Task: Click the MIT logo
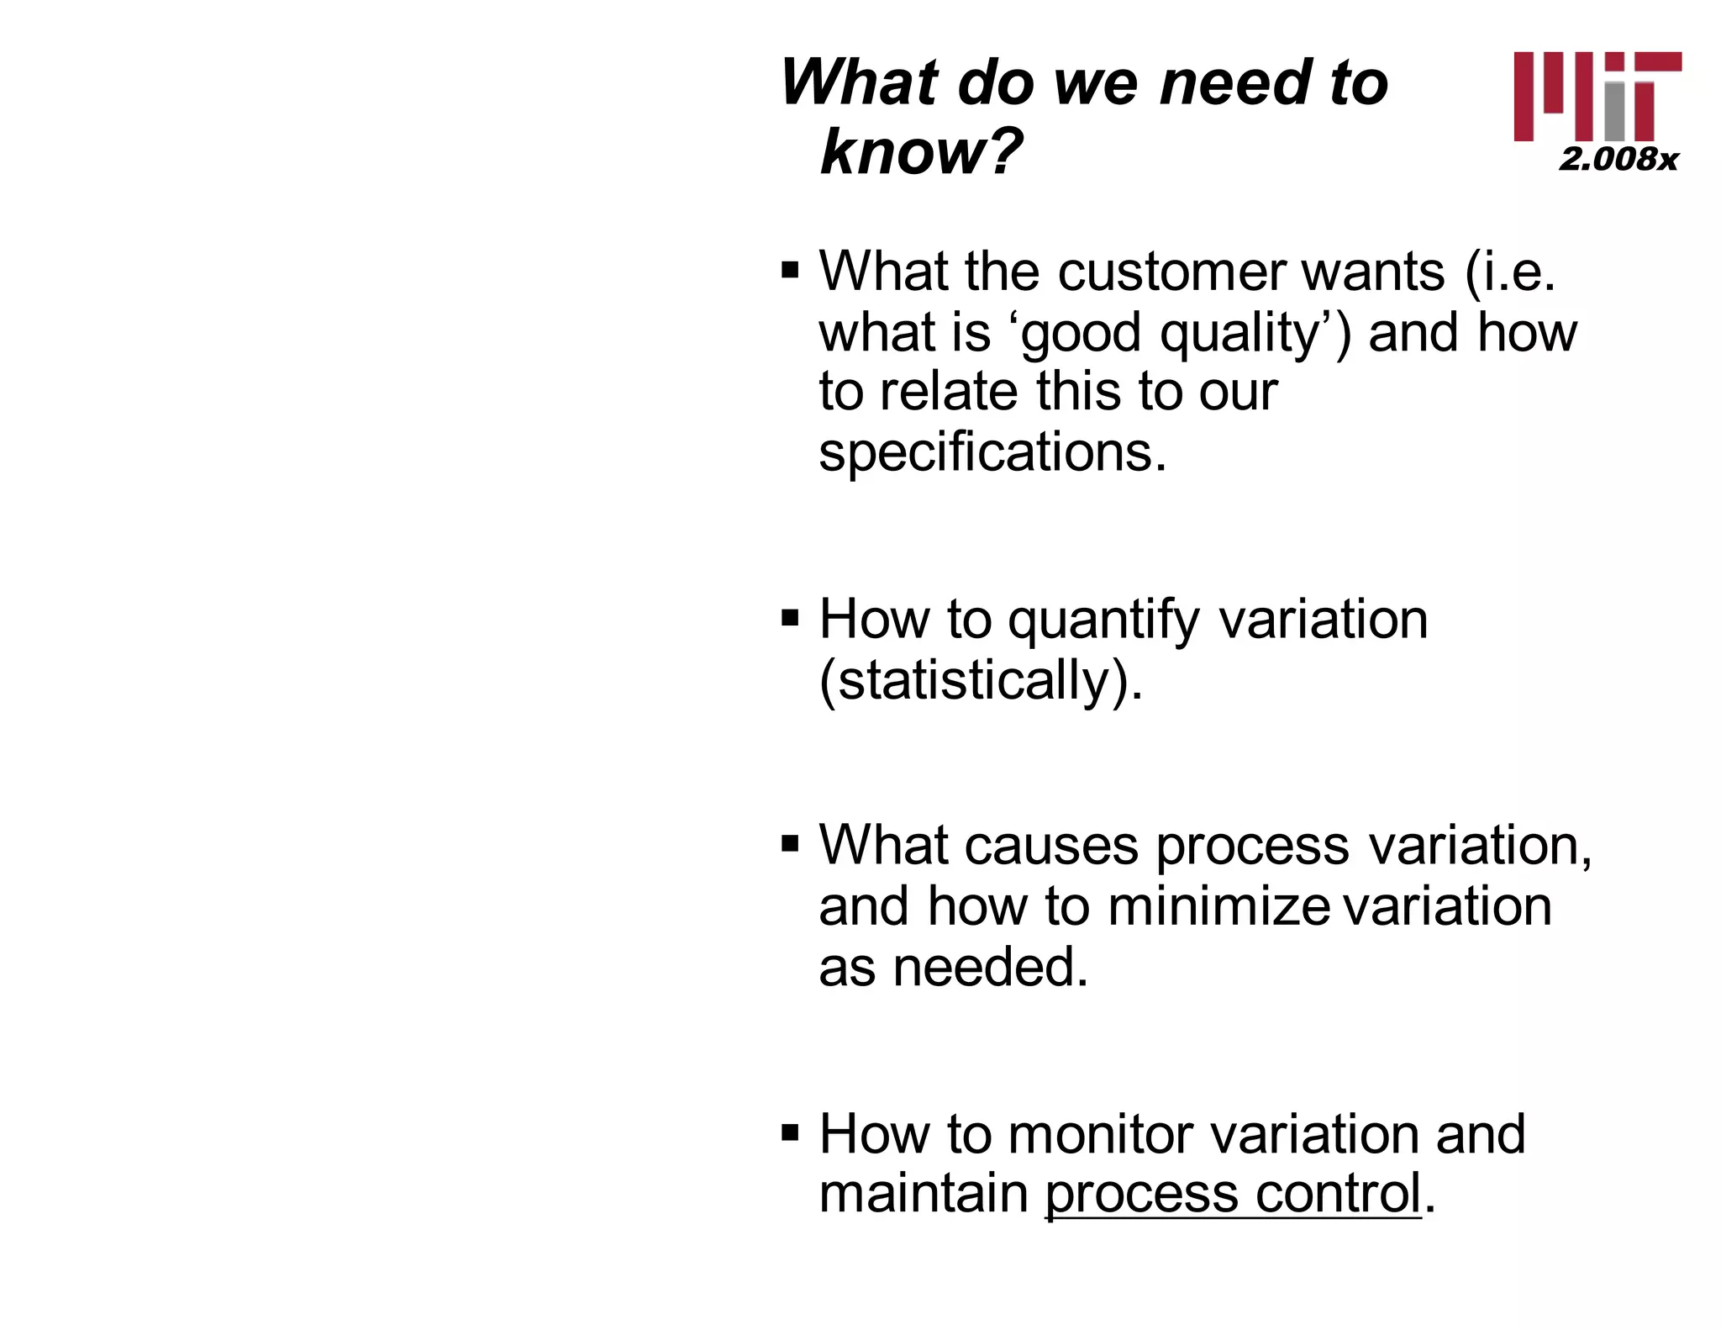[1597, 96]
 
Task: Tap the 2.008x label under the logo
[1618, 159]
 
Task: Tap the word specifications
[992, 452]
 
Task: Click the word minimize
[1218, 906]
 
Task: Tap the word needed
[990, 967]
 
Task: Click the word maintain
[924, 1193]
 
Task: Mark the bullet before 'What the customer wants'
[790, 272]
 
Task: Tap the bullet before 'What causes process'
[790, 843]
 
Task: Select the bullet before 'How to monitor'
[790, 1132]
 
